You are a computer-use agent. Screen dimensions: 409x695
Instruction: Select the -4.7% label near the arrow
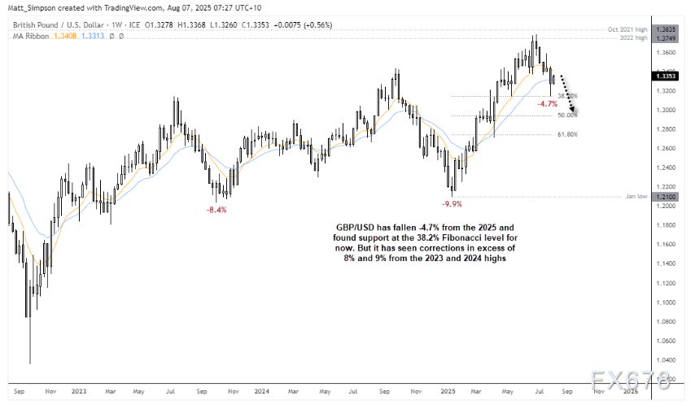point(548,104)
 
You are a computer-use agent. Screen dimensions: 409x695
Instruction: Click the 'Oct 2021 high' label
point(627,29)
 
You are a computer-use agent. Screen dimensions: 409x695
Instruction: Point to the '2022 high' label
point(632,37)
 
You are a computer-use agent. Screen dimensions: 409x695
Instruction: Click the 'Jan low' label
point(636,196)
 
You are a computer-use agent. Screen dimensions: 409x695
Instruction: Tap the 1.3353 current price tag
point(662,76)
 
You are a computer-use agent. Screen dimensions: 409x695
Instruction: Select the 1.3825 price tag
point(662,29)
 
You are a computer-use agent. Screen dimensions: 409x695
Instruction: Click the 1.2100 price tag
point(662,196)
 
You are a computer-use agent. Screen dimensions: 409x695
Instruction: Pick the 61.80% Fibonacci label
point(567,134)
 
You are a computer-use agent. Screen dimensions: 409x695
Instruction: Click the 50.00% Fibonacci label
point(567,115)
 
